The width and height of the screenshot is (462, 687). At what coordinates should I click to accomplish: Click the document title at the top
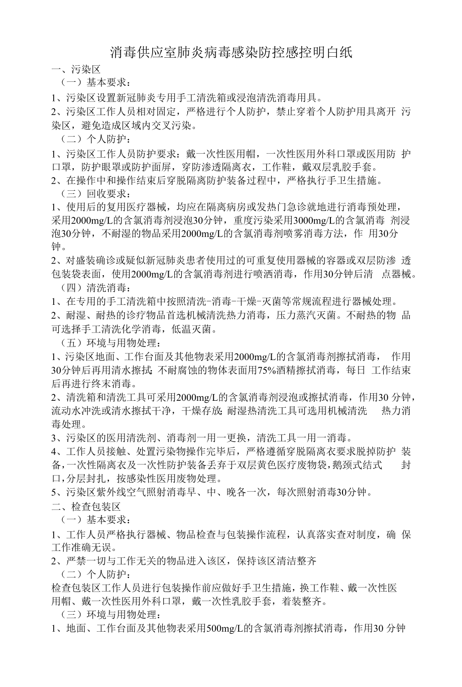tap(231, 52)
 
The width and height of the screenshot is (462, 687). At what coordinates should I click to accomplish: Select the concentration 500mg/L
tap(227, 628)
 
